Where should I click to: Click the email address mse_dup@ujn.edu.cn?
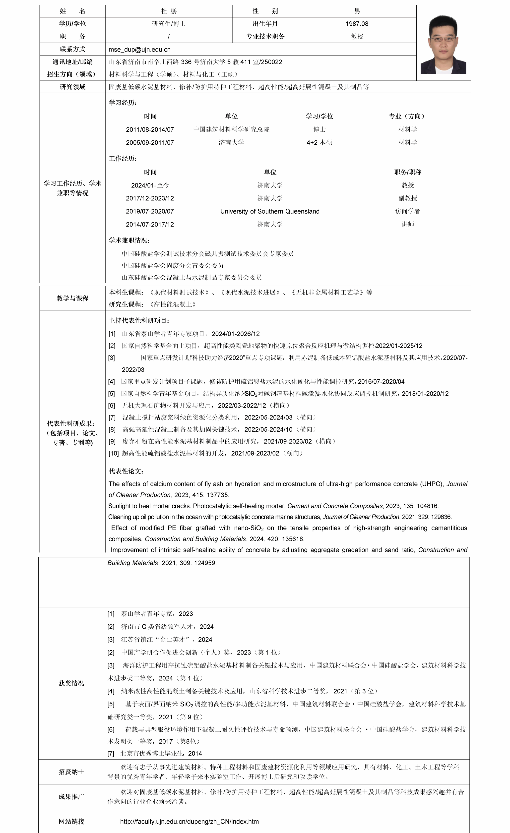[x=139, y=49]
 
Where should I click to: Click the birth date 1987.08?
[x=357, y=24]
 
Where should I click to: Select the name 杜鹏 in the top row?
[x=169, y=11]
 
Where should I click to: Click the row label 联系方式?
[x=72, y=49]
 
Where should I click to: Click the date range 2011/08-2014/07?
[x=150, y=129]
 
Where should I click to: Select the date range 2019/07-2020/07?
[x=150, y=211]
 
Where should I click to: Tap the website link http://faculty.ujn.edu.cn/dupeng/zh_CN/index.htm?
[x=190, y=821]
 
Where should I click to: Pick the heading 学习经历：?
[x=123, y=103]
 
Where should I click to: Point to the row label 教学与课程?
[x=72, y=298]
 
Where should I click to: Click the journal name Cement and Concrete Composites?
[x=335, y=506]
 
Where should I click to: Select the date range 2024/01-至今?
[x=150, y=185]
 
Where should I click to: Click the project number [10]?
[x=113, y=453]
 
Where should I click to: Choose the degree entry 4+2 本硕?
[x=319, y=143]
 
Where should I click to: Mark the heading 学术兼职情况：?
[x=129, y=240]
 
